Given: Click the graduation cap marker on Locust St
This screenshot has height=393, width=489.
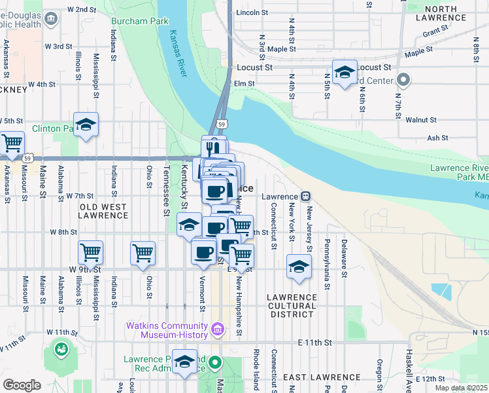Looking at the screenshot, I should tap(345, 72).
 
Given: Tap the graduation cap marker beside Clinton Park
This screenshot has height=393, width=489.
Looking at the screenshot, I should tap(86, 126).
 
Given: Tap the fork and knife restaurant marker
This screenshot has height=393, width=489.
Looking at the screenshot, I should tap(214, 147).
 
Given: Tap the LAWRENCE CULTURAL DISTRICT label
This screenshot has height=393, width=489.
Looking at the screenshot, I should tap(292, 306).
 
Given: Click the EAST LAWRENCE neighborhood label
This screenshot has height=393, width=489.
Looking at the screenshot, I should tap(321, 377).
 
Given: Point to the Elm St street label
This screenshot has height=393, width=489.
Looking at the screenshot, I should tap(244, 83).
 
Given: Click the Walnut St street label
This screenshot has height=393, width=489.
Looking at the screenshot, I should tap(420, 120).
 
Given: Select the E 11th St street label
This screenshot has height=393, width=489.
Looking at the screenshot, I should tap(315, 343).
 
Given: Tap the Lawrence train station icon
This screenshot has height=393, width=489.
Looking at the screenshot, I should tap(305, 196).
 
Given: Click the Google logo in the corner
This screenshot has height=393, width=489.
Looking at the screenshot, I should tap(22, 385).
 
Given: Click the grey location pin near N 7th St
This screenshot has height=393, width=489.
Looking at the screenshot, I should tap(403, 81).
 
